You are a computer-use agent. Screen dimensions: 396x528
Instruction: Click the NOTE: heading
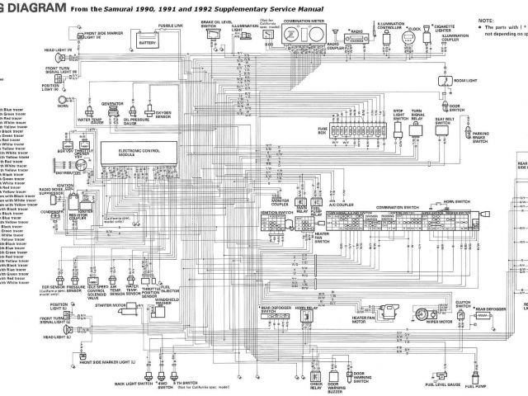click(x=485, y=17)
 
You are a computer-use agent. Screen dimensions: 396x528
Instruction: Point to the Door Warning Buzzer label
click(x=334, y=382)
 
